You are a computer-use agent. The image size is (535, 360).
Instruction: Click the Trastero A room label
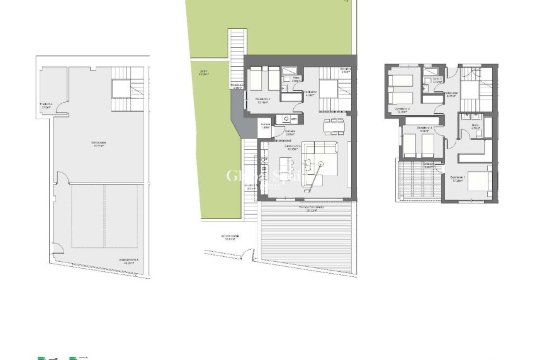(x=46, y=106)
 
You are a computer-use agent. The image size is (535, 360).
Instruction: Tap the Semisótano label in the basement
(x=98, y=144)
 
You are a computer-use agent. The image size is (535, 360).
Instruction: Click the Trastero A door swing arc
(x=61, y=108)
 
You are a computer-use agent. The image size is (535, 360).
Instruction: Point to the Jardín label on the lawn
(x=204, y=73)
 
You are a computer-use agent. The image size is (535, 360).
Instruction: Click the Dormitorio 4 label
(x=262, y=100)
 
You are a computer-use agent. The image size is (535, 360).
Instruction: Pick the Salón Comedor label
(x=292, y=149)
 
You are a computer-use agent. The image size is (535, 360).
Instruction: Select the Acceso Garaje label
(x=230, y=238)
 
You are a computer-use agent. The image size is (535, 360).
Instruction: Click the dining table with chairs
(x=334, y=126)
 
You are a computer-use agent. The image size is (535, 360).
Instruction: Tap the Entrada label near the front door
(x=290, y=133)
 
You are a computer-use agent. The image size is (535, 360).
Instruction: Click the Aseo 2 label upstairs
(x=437, y=80)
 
